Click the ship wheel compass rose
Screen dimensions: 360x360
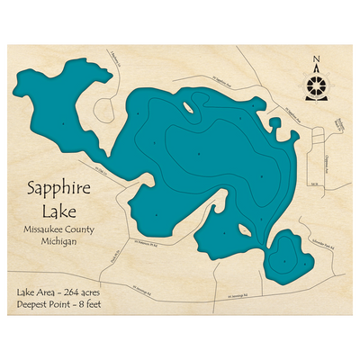(x=316, y=86)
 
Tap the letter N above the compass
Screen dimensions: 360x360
(x=316, y=62)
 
